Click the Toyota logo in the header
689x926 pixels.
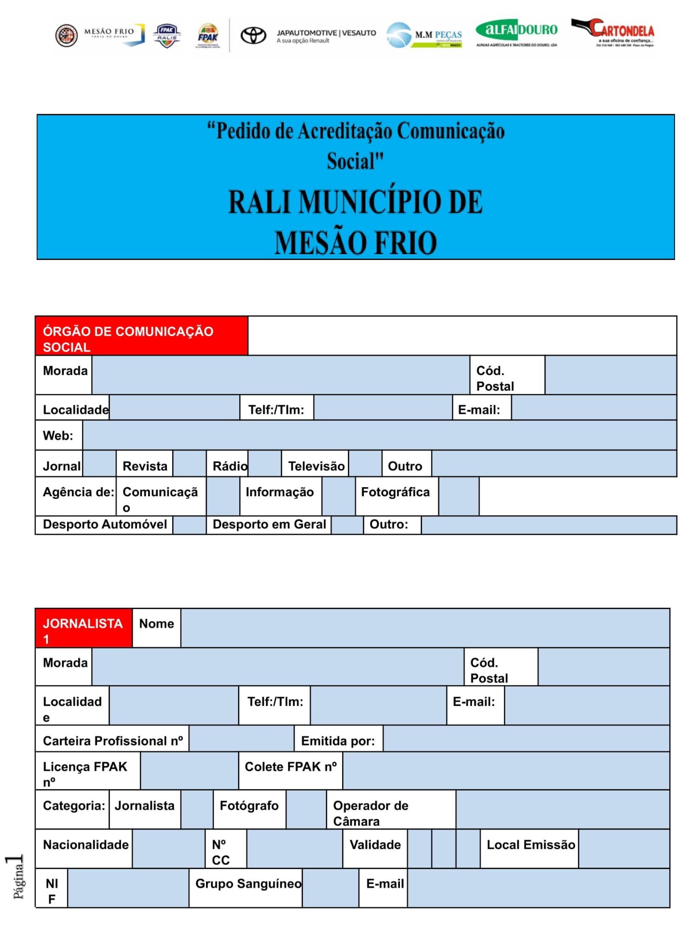pyautogui.click(x=253, y=35)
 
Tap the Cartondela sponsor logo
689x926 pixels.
pyautogui.click(x=613, y=33)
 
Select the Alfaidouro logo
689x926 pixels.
pyautogui.click(x=516, y=33)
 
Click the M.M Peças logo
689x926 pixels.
pyautogui.click(x=424, y=35)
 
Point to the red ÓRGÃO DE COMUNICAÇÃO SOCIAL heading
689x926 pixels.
pyautogui.click(x=141, y=336)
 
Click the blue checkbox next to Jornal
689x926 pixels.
pyautogui.click(x=99, y=464)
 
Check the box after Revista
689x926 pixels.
pyautogui.click(x=190, y=464)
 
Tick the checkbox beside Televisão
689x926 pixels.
pyautogui.click(x=365, y=464)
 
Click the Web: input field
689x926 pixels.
pyautogui.click(x=379, y=436)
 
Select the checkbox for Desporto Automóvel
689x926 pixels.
pyautogui.click(x=189, y=525)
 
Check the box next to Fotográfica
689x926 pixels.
pyautogui.click(x=459, y=496)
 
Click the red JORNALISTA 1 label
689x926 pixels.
pyautogui.click(x=83, y=628)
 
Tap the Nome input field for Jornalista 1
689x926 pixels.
pyautogui.click(x=425, y=628)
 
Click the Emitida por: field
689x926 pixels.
pyautogui.click(x=526, y=738)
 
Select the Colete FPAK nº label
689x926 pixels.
pyautogui.click(x=290, y=767)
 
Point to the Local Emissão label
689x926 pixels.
pyautogui.click(x=530, y=845)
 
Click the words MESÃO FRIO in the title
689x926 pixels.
pyautogui.click(x=356, y=243)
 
